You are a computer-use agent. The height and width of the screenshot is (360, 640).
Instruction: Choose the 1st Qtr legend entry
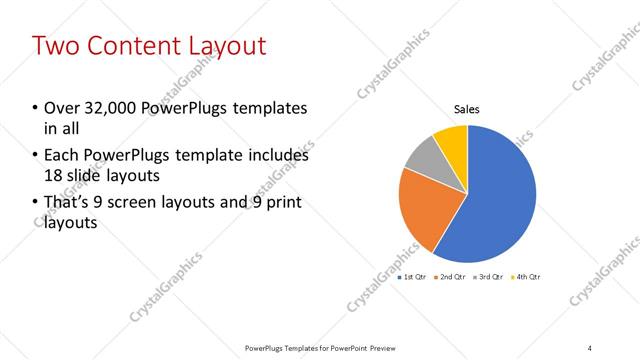(x=414, y=276)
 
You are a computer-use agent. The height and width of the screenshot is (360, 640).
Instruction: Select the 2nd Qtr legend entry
(x=451, y=276)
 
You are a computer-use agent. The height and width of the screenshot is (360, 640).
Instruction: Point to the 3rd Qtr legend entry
(x=489, y=276)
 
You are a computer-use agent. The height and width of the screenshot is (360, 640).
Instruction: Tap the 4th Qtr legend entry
(x=525, y=276)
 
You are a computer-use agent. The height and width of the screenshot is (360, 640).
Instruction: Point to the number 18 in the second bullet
(x=52, y=175)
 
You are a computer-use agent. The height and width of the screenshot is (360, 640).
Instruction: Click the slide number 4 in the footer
(x=590, y=347)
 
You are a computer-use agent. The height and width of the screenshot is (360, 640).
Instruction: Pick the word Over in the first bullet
(x=59, y=108)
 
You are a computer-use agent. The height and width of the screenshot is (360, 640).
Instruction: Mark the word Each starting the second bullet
(x=59, y=156)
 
